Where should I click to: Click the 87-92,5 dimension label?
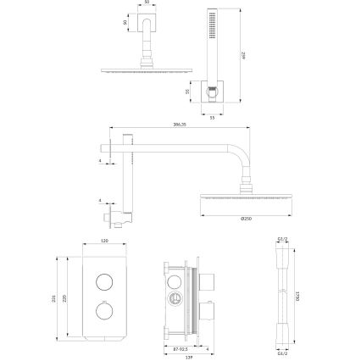[x=175, y=347]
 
